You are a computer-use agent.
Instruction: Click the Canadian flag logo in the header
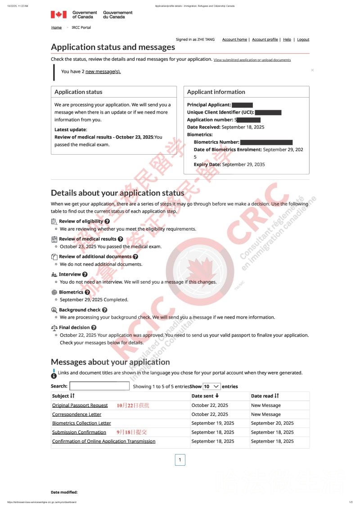(x=58, y=15)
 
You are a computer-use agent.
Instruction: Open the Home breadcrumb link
(x=56, y=27)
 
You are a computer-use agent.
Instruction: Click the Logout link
(x=303, y=40)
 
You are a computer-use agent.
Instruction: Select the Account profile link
(x=265, y=40)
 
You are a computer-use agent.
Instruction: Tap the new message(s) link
(x=103, y=71)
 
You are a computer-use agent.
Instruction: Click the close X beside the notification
(x=312, y=70)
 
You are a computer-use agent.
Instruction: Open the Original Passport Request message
(x=80, y=406)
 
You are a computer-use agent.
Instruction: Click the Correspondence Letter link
(x=76, y=414)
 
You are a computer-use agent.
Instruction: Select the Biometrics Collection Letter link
(x=81, y=423)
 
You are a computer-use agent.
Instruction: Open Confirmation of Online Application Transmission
(x=103, y=441)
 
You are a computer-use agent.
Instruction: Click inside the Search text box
(x=99, y=386)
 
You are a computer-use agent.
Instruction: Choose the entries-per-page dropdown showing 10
(x=211, y=386)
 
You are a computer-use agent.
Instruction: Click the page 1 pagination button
(x=180, y=459)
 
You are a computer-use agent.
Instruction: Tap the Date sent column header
(x=205, y=396)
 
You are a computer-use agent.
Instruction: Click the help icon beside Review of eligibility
(x=107, y=222)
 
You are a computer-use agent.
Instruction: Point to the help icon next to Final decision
(x=94, y=328)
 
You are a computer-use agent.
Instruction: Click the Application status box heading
(x=78, y=92)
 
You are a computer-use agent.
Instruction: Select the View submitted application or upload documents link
(x=252, y=60)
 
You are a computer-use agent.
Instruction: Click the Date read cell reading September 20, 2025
(x=272, y=423)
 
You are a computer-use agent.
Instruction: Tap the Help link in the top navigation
(x=287, y=40)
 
